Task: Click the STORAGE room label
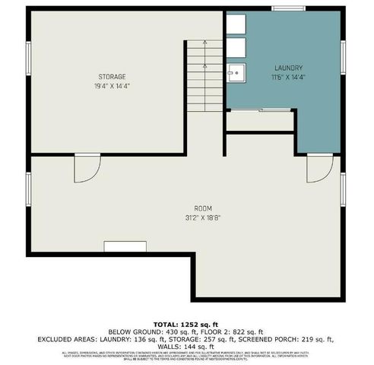[x=111, y=76]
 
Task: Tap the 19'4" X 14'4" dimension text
[x=111, y=85]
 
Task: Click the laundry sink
[x=236, y=73]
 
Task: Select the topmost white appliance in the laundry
[x=235, y=24]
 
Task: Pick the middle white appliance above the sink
[x=235, y=48]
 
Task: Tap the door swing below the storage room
[x=86, y=170]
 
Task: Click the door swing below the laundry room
[x=319, y=169]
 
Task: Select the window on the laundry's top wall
[x=284, y=8]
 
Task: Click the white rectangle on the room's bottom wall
[x=125, y=246]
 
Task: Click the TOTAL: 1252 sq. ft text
[x=186, y=323]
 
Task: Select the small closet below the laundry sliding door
[x=260, y=122]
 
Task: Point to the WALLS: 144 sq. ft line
[x=186, y=346]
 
